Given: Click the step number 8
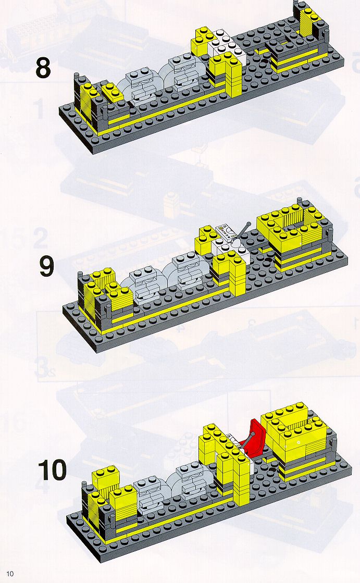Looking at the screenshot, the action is click(43, 68).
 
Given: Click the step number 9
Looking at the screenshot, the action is click(47, 266).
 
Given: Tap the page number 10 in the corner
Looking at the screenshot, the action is click(10, 573).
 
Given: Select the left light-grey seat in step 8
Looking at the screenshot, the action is click(141, 86).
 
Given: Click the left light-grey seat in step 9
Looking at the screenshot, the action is click(144, 284).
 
